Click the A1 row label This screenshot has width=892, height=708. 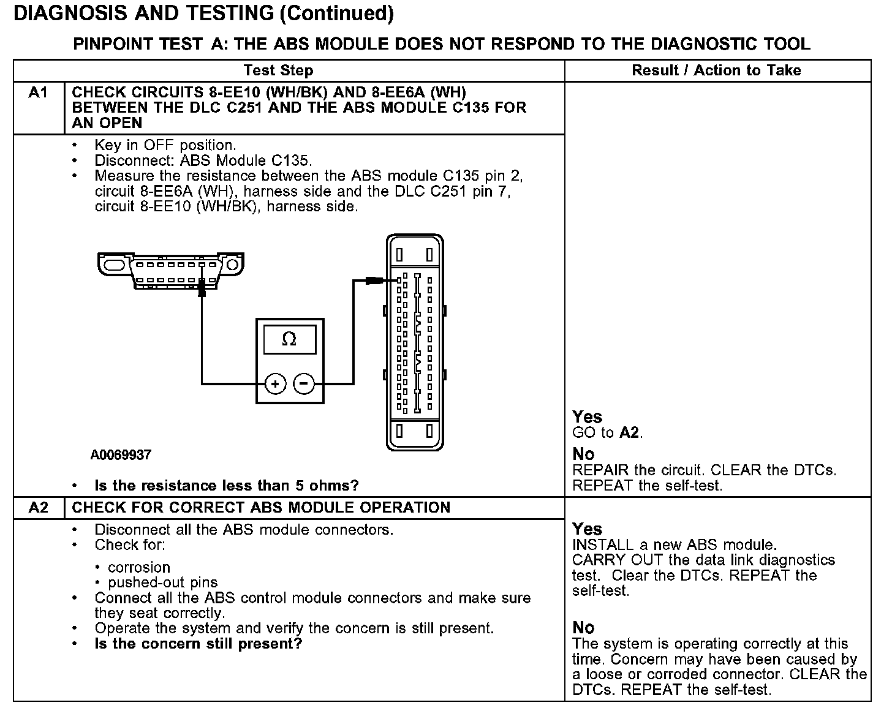click(38, 93)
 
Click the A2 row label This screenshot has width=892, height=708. click(38, 508)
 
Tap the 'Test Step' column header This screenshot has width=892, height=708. click(278, 70)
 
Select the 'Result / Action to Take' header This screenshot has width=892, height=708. click(716, 70)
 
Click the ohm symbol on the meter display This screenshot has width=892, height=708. click(289, 339)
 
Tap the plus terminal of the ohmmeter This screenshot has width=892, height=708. click(275, 384)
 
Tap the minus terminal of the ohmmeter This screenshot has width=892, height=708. click(304, 384)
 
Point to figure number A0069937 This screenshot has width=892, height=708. click(121, 455)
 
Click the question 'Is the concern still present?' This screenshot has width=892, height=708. click(198, 644)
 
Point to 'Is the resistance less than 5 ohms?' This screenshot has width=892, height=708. click(227, 486)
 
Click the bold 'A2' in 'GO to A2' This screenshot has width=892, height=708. click(629, 433)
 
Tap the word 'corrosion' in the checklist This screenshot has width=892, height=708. click(138, 567)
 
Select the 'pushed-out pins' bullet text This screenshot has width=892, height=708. click(162, 582)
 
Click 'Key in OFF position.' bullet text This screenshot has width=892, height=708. click(165, 145)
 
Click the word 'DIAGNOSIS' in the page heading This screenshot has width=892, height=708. click(64, 13)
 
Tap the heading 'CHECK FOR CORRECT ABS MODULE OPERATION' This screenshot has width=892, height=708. click(261, 508)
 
